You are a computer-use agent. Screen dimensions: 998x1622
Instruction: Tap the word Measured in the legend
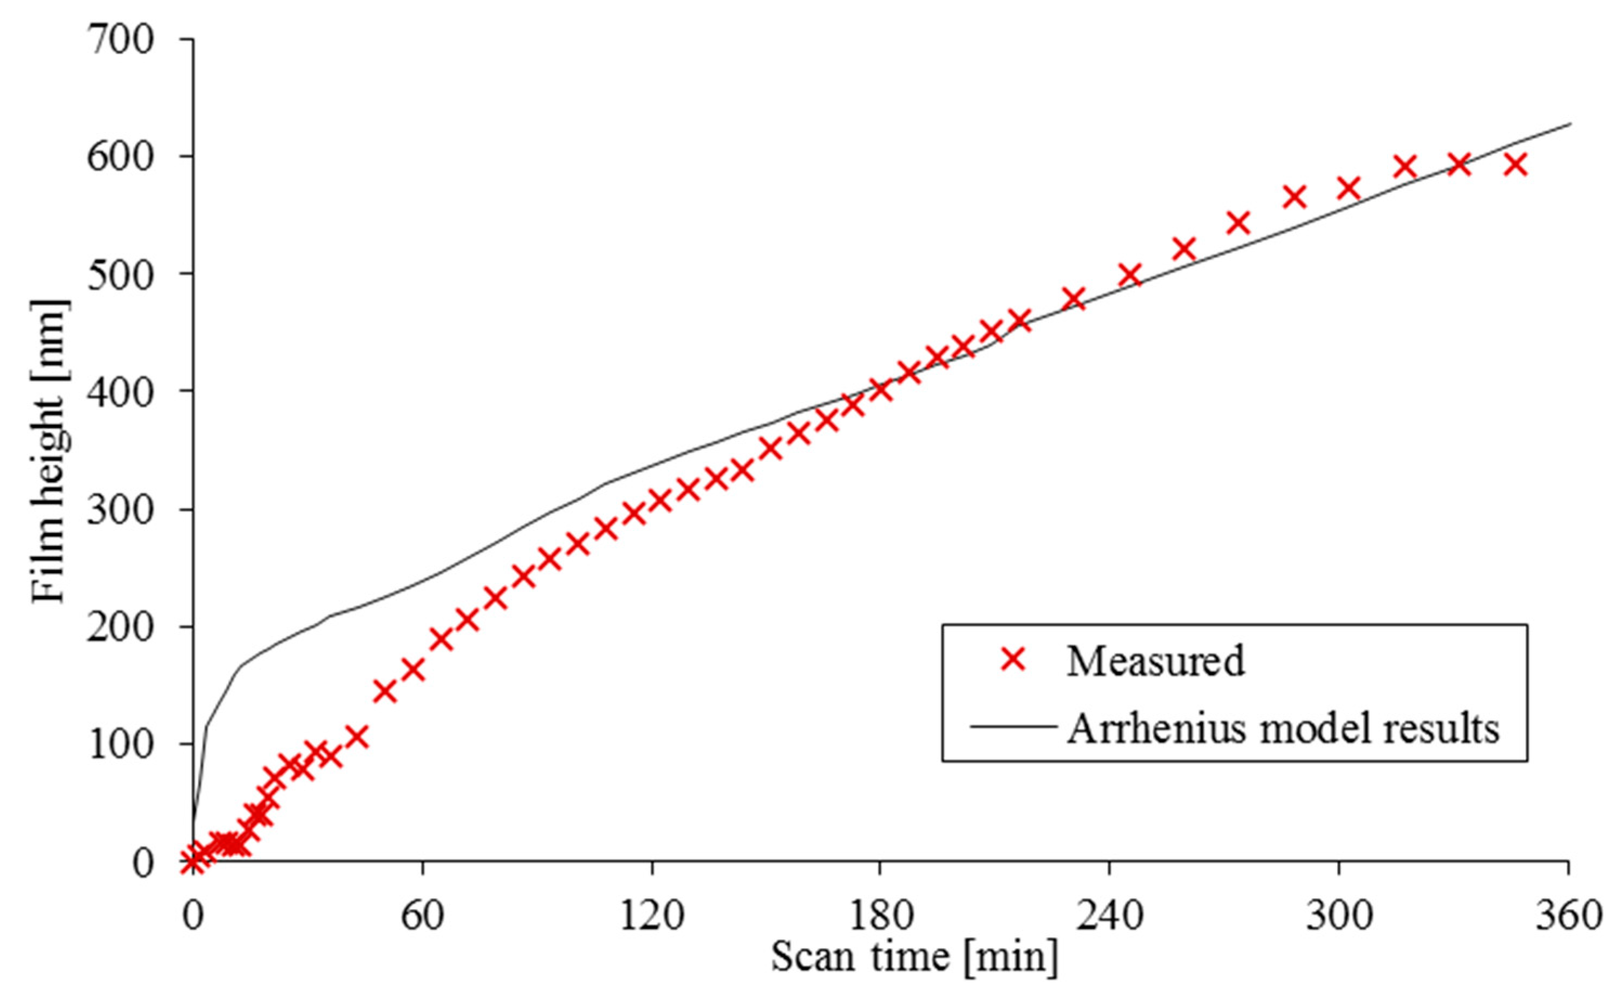click(x=1155, y=661)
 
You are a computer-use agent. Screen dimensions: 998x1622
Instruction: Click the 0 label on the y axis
click(x=142, y=862)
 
